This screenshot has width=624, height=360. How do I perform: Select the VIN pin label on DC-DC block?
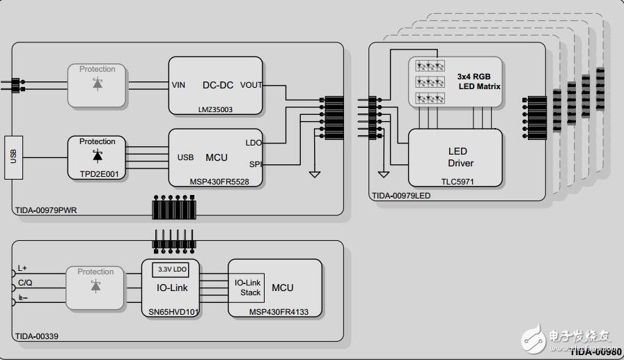pyautogui.click(x=179, y=85)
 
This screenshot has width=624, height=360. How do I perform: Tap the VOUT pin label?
pyautogui.click(x=251, y=85)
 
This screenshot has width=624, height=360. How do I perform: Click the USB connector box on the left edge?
pyautogui.click(x=13, y=157)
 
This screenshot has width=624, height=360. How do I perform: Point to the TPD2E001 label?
pyautogui.click(x=97, y=175)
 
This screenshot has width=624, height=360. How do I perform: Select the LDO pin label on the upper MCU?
pyautogui.click(x=253, y=142)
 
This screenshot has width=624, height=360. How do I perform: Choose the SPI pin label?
pyautogui.click(x=254, y=164)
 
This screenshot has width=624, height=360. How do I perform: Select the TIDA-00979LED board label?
pyautogui.click(x=401, y=196)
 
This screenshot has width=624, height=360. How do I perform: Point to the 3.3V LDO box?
pyautogui.click(x=170, y=269)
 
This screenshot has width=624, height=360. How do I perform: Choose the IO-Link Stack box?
pyautogui.click(x=247, y=288)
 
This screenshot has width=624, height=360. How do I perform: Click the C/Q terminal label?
pyautogui.click(x=25, y=283)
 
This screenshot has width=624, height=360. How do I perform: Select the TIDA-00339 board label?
pyautogui.click(x=36, y=336)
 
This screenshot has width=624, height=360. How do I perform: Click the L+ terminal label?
pyautogui.click(x=22, y=268)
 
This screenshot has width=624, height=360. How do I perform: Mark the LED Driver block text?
pyautogui.click(x=458, y=157)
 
